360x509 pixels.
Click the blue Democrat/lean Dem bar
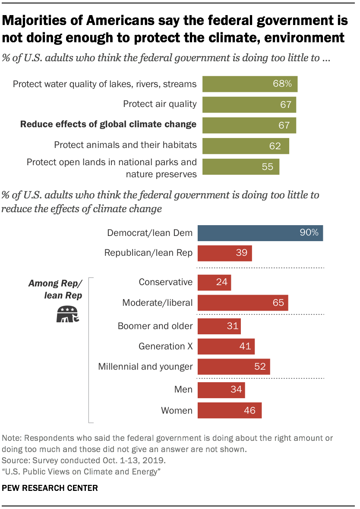pyautogui.click(x=260, y=233)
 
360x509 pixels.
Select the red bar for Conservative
pyautogui.click(x=214, y=283)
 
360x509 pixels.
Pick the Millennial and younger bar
pyautogui.click(x=234, y=367)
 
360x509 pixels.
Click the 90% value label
pyautogui.click(x=309, y=233)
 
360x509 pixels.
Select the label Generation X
pyautogui.click(x=165, y=346)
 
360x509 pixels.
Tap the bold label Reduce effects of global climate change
pyautogui.click(x=108, y=125)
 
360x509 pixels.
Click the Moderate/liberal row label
pyautogui.click(x=157, y=303)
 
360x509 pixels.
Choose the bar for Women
pyautogui.click(x=230, y=410)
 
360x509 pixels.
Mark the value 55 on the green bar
pyautogui.click(x=268, y=167)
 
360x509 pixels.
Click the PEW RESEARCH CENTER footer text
pyautogui.click(x=50, y=488)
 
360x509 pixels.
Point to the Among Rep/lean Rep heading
pyautogui.click(x=55, y=289)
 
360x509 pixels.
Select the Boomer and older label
pyautogui.click(x=155, y=326)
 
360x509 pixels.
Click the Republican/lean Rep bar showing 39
pyautogui.click(x=224, y=253)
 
